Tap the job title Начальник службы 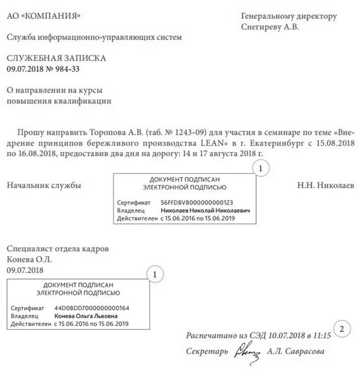44,186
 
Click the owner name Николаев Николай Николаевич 205,211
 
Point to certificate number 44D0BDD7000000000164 91,308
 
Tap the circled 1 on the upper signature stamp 260,168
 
